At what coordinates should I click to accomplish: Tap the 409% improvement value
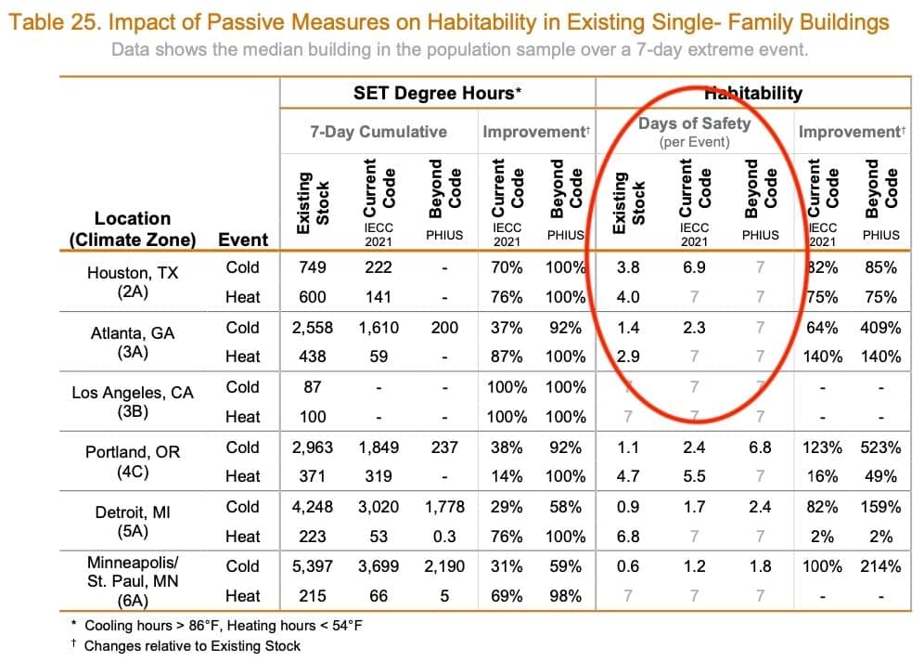pos(879,328)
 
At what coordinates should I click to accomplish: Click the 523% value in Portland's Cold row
pos(879,447)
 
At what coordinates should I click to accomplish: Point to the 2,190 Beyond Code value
pos(444,566)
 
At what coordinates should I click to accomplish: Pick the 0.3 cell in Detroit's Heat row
pos(444,537)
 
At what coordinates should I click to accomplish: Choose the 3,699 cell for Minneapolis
pos(379,566)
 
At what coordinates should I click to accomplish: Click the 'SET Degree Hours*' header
pos(437,93)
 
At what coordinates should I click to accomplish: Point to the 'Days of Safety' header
pos(694,123)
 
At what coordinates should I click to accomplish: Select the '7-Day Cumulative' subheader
pos(378,132)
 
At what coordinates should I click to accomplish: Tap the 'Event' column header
pos(242,240)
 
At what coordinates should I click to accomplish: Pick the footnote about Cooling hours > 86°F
pos(223,626)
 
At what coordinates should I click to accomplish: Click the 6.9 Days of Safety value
pos(694,267)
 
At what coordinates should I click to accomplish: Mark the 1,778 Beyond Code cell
pos(444,507)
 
